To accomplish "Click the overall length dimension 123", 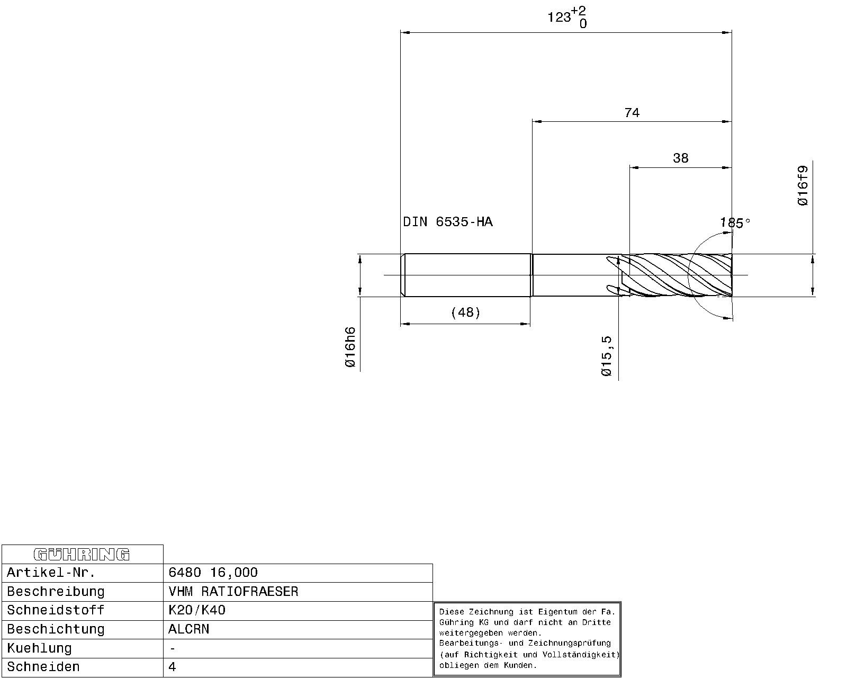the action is click(x=560, y=17).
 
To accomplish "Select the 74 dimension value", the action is click(x=632, y=113).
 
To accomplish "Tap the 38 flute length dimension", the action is click(x=681, y=158).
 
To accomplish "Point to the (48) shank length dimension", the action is click(x=466, y=313).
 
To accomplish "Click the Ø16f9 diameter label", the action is click(x=803, y=185).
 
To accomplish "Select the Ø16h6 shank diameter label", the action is click(x=350, y=347).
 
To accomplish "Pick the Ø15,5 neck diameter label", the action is click(x=607, y=356).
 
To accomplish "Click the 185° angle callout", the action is click(x=735, y=223).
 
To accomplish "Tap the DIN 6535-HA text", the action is click(x=448, y=222).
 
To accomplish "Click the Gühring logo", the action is click(x=82, y=554).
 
